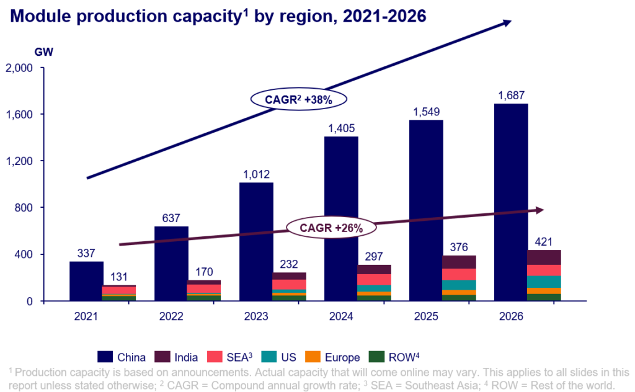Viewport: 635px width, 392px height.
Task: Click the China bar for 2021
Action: pos(86,281)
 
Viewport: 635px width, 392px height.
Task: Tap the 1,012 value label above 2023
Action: pos(256,174)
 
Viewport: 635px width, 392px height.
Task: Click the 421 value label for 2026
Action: pos(543,241)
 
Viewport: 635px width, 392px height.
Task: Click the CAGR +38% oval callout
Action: pos(299,99)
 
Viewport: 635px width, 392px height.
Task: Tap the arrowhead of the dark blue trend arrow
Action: pos(507,23)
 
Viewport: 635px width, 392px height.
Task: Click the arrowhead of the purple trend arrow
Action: pos(540,210)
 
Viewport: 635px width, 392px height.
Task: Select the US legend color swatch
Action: pos(268,357)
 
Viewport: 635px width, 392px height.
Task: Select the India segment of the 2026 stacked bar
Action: pos(544,257)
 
